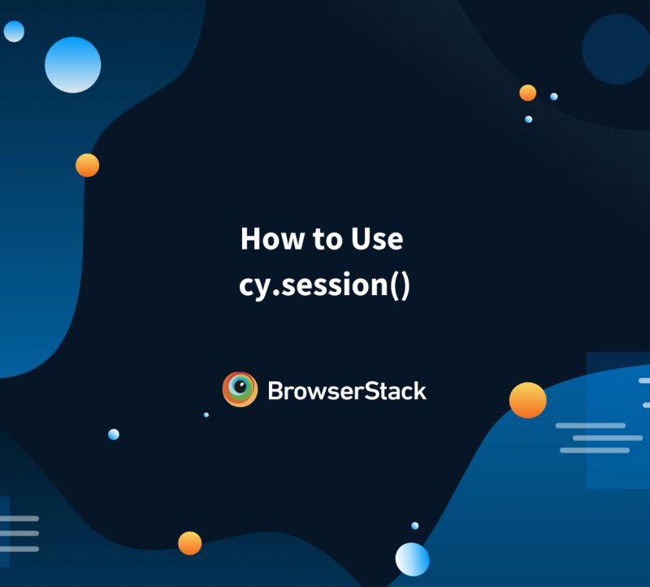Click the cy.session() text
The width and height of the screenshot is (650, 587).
[x=325, y=285]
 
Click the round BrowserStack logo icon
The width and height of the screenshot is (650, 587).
[x=240, y=389]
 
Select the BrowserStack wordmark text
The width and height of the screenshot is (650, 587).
[x=347, y=391]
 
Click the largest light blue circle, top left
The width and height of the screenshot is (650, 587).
[x=73, y=64]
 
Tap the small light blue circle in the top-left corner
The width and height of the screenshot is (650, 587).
[x=14, y=31]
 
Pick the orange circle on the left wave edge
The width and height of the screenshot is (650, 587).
[x=87, y=165]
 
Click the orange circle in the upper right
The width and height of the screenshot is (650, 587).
[x=528, y=93]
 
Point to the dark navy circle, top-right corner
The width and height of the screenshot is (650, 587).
[x=616, y=49]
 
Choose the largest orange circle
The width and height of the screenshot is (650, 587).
[x=528, y=400]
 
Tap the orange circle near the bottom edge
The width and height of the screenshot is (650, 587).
[x=189, y=542]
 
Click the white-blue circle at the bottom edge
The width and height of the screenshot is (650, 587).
[x=412, y=559]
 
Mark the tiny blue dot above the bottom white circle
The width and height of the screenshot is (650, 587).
[x=415, y=526]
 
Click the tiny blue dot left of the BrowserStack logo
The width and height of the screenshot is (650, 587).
[x=206, y=415]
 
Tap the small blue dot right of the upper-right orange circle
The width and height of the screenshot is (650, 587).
[x=554, y=96]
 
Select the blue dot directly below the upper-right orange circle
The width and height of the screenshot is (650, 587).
[x=528, y=120]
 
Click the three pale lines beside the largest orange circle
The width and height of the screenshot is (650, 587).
[x=595, y=437]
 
